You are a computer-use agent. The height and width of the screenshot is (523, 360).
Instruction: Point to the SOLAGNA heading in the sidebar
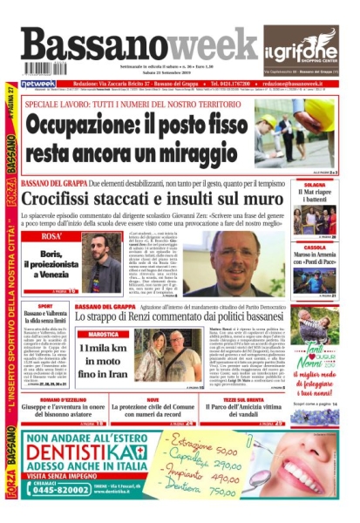click(x=314, y=186)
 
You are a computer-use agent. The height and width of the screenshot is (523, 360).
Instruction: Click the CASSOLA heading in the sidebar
click(x=314, y=247)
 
